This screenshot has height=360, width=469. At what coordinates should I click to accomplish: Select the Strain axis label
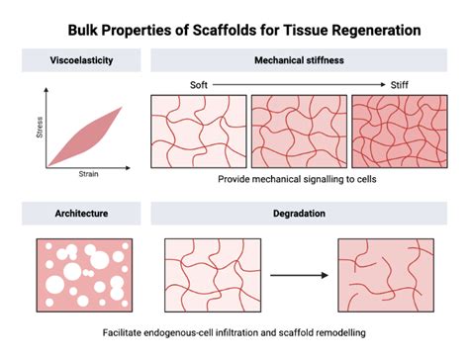(x=87, y=174)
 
